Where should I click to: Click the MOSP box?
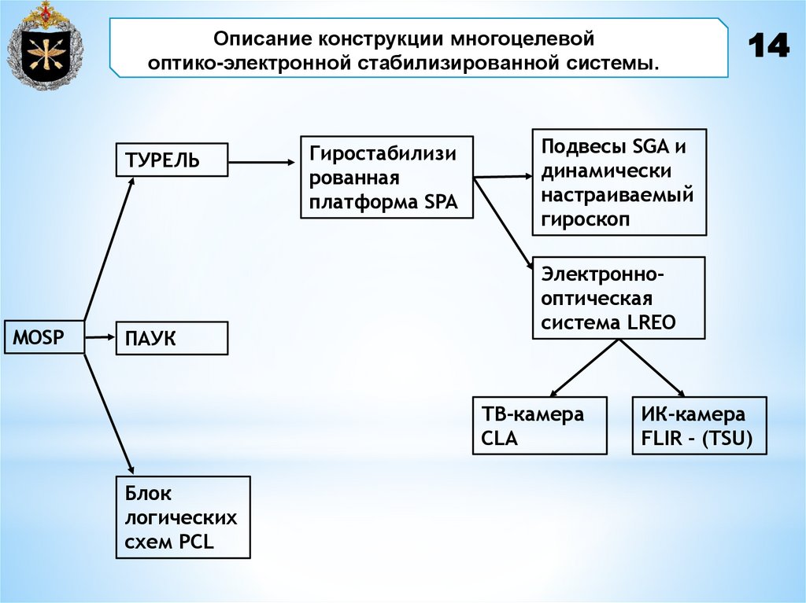(44, 337)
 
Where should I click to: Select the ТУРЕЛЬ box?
(172, 160)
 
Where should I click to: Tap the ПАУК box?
(172, 338)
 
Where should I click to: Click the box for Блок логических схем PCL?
(183, 517)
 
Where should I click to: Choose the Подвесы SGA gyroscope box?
(619, 182)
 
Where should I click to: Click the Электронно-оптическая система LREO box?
(619, 297)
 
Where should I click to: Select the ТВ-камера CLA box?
(539, 425)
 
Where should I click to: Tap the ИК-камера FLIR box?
(699, 425)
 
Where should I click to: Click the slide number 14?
(767, 47)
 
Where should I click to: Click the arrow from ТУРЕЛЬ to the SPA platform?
(260, 163)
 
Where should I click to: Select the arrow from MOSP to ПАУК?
(101, 337)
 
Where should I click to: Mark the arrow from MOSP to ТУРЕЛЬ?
(109, 248)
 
